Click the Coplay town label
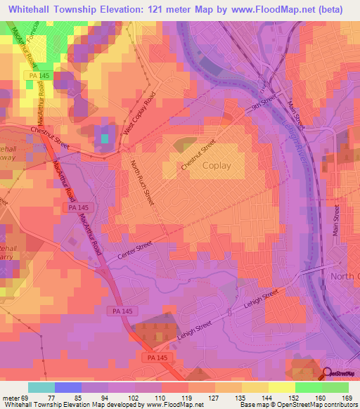point(221,166)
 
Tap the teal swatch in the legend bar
point(41,387)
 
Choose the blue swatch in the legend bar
point(67,387)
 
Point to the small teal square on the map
point(104,138)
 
